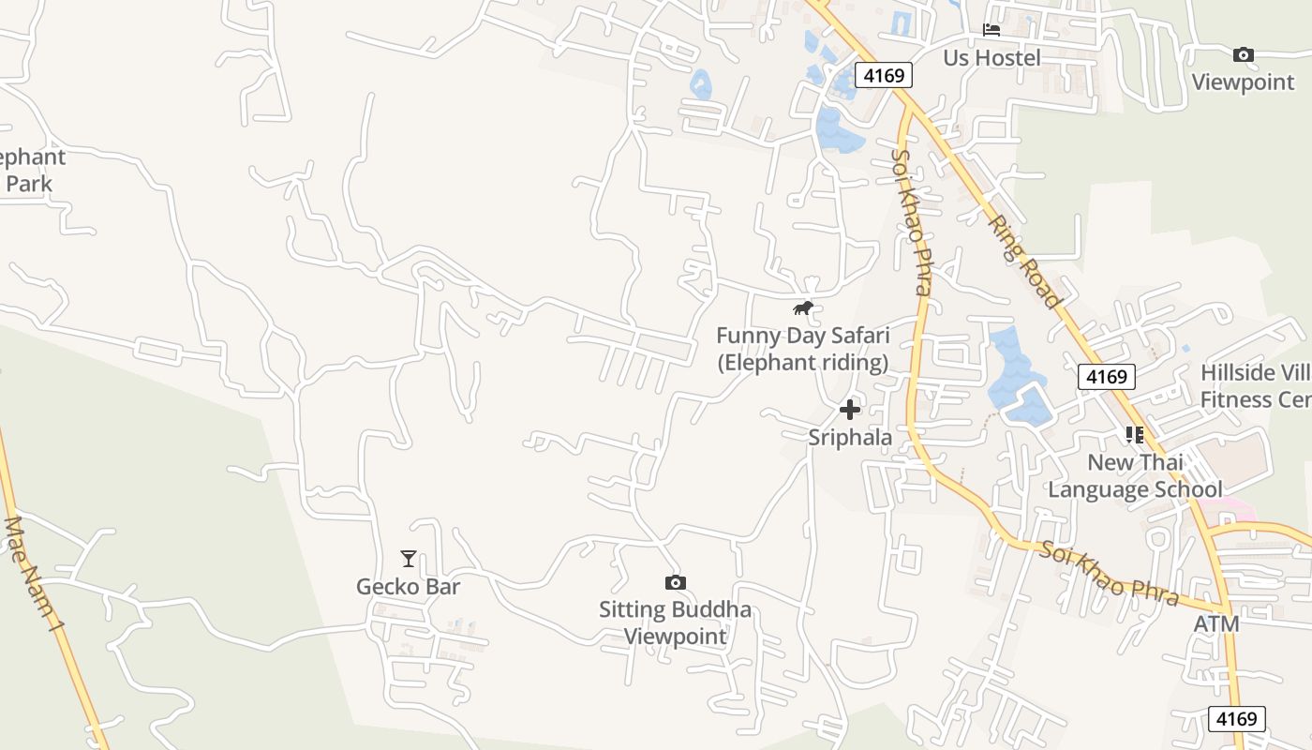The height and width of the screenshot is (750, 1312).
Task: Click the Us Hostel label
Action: coord(991,58)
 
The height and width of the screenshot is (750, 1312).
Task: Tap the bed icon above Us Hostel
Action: coord(991,30)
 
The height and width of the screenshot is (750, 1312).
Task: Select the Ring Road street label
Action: coord(1024,262)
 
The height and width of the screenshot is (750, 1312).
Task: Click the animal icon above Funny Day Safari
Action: coord(802,307)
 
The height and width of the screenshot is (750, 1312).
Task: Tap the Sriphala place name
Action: coord(850,437)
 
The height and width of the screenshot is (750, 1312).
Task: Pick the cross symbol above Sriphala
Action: coord(850,410)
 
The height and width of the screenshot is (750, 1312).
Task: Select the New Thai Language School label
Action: coord(1135,475)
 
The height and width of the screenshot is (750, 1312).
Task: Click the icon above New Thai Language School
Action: coord(1135,435)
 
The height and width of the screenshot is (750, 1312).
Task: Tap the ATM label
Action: coord(1216,623)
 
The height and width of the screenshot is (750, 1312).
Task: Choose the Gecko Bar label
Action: coord(409,587)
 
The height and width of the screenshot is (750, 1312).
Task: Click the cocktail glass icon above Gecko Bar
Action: coord(409,559)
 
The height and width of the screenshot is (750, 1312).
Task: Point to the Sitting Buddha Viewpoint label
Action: coord(675,623)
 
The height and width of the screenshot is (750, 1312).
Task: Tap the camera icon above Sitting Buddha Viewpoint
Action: coord(675,583)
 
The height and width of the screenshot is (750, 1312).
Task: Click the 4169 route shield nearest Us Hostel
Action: coord(883,75)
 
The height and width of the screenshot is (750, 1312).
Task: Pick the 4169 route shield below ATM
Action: coord(1236,719)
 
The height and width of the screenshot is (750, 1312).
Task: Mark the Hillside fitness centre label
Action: coord(1256,386)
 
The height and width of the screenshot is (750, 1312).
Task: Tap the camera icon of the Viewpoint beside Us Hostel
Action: coord(1244,55)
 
